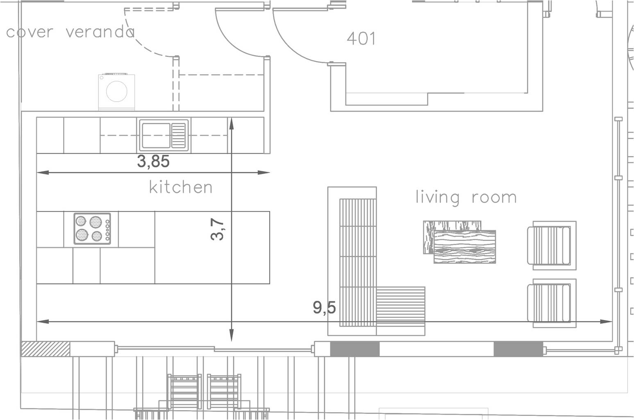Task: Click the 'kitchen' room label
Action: (181, 187)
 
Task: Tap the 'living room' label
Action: (466, 197)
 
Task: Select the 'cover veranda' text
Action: (70, 32)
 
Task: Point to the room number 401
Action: (361, 39)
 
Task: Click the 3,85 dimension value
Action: (153, 161)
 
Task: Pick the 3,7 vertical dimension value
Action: (217, 229)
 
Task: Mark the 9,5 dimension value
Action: (324, 307)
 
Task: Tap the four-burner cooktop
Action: (92, 229)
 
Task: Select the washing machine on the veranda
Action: (117, 92)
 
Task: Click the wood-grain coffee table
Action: (460, 242)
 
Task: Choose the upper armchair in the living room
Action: (552, 245)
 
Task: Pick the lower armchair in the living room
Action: (552, 303)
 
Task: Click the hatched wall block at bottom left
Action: (45, 349)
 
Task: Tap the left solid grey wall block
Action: (354, 349)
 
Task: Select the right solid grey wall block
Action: (518, 349)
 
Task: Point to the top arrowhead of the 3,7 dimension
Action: (232, 123)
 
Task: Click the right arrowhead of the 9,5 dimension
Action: (606, 322)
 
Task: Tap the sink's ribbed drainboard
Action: (178, 135)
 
